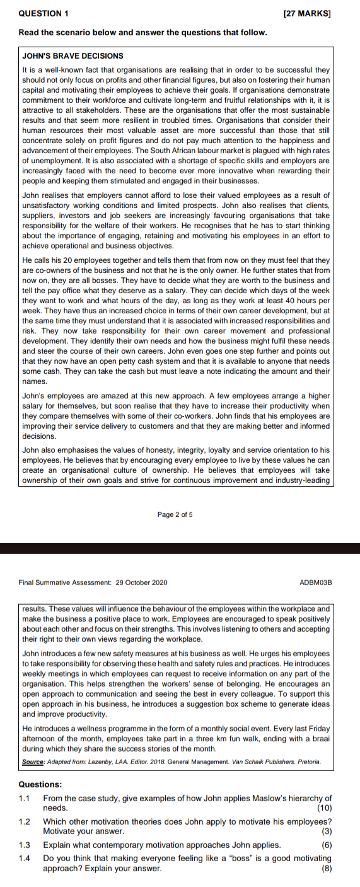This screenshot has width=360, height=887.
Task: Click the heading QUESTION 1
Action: tap(41, 12)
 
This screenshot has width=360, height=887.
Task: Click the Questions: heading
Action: tap(40, 785)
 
